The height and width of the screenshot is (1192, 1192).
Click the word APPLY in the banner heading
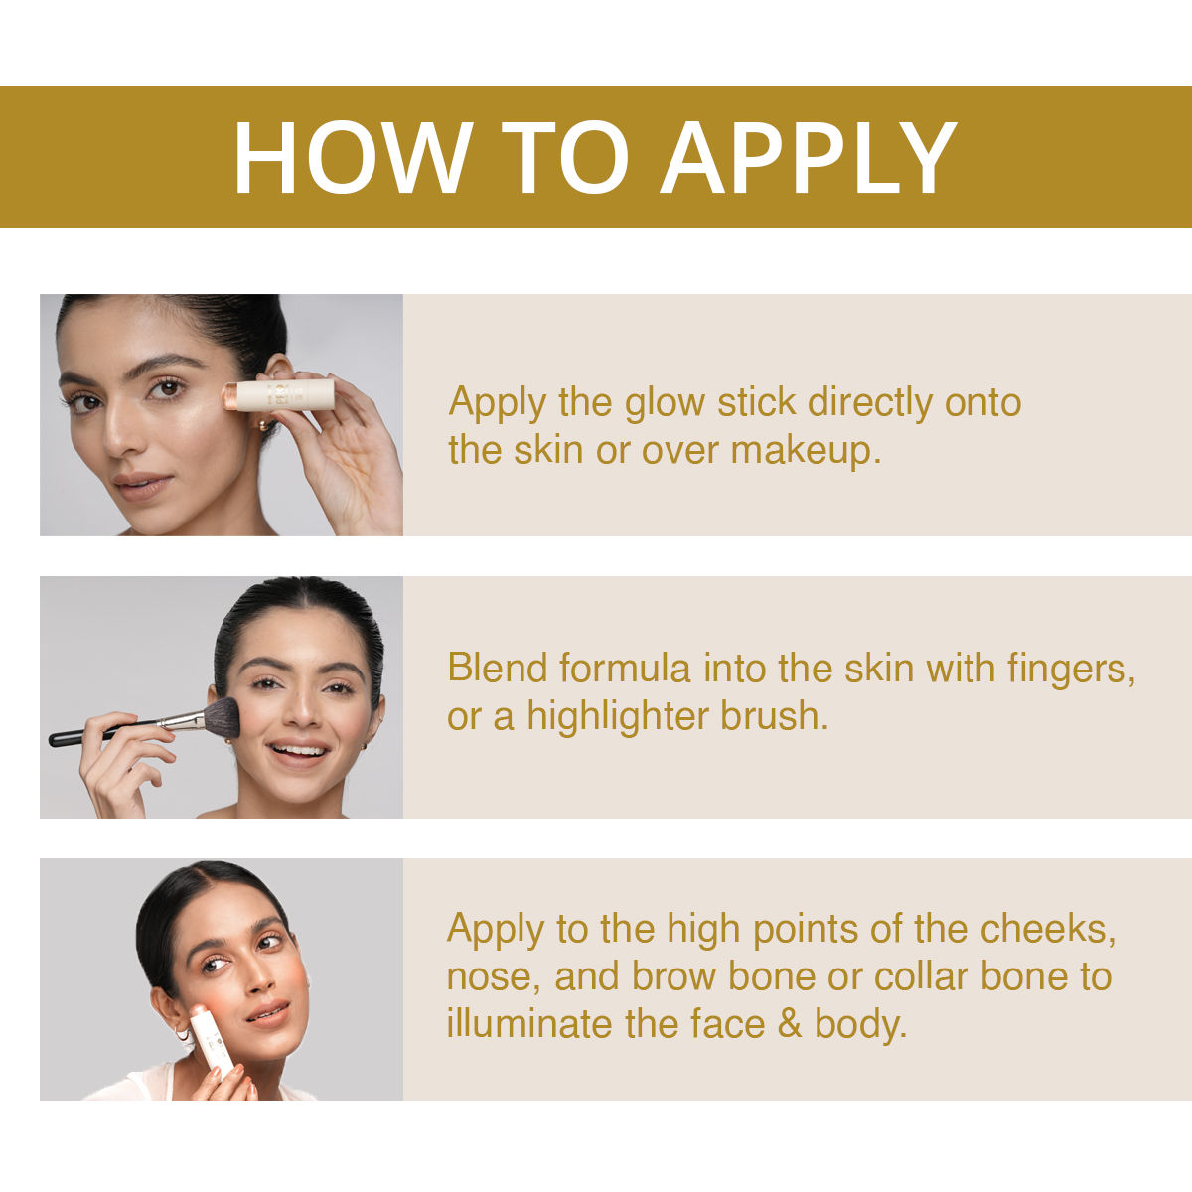click(x=810, y=157)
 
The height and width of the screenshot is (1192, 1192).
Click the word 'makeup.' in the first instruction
click(x=806, y=452)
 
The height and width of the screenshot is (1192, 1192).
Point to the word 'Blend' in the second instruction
click(x=497, y=669)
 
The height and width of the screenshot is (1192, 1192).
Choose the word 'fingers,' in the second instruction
click(x=1071, y=670)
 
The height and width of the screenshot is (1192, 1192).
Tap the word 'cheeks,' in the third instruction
click(x=1048, y=930)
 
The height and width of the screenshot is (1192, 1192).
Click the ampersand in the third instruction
click(x=790, y=1024)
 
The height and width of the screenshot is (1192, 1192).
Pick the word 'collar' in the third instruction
click(x=921, y=976)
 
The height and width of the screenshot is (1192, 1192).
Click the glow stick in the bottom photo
click(x=212, y=1038)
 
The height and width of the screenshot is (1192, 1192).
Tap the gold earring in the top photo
click(x=264, y=425)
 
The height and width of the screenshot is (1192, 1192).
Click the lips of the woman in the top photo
click(x=142, y=485)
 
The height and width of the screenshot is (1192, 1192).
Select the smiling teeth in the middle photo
click(x=300, y=750)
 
